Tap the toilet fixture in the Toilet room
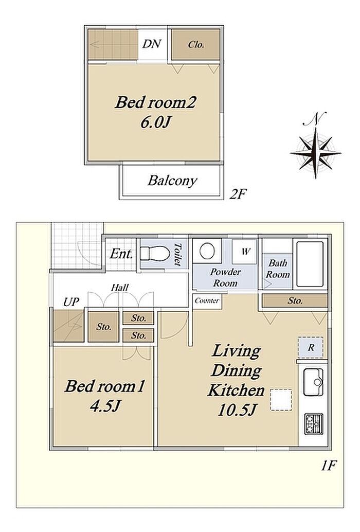coord(155,253)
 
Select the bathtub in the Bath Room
coord(310,264)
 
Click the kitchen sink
coord(313,382)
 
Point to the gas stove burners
coord(313,423)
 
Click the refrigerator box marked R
coord(311,347)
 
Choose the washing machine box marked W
coord(245,252)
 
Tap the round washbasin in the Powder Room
coord(207,252)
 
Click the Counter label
coord(207,300)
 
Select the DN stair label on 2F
coord(152,44)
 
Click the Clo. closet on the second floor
coord(196,45)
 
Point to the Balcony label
coord(172,181)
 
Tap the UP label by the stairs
coord(71,302)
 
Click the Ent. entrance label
coord(121,254)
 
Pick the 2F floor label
coord(237,194)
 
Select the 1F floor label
coord(328,466)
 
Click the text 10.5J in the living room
coord(237,410)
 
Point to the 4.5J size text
coord(105,406)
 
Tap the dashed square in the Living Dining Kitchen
coord(281,400)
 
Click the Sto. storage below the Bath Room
coord(295,300)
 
